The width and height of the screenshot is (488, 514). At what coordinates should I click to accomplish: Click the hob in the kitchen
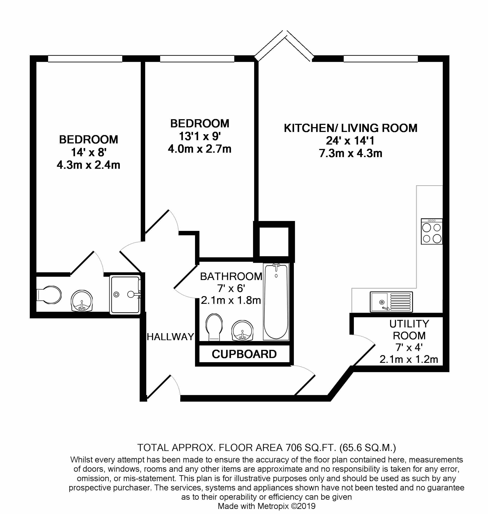tap(432, 231)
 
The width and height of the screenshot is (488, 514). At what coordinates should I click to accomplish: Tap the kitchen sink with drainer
tap(391, 302)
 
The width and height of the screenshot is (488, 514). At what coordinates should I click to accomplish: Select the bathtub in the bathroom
tap(276, 302)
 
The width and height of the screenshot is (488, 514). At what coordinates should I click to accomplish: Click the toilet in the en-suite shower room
tap(49, 295)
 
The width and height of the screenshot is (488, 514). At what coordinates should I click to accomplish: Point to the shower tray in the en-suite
tap(125, 295)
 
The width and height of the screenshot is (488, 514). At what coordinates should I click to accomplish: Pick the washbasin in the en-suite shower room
tap(82, 301)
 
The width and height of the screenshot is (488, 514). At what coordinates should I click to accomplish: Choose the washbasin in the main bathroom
tap(242, 330)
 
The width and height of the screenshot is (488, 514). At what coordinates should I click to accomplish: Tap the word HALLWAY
tap(170, 337)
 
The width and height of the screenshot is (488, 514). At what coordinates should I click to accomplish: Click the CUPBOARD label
tap(244, 354)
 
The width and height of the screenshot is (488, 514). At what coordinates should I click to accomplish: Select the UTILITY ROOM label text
tap(409, 330)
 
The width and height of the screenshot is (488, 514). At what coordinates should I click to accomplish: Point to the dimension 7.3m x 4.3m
tap(350, 154)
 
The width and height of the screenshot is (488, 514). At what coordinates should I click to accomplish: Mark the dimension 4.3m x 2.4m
tap(88, 165)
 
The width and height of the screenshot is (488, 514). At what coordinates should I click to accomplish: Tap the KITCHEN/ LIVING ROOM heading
tap(350, 128)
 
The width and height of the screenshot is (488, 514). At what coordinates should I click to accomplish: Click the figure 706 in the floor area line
tap(294, 447)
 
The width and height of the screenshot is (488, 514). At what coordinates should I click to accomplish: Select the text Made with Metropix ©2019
tap(266, 506)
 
